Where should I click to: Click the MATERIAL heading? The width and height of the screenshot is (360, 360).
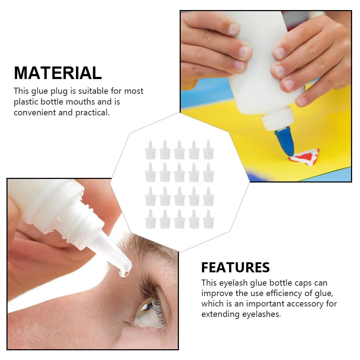(58, 73)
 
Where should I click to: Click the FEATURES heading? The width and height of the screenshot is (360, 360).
(235, 268)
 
